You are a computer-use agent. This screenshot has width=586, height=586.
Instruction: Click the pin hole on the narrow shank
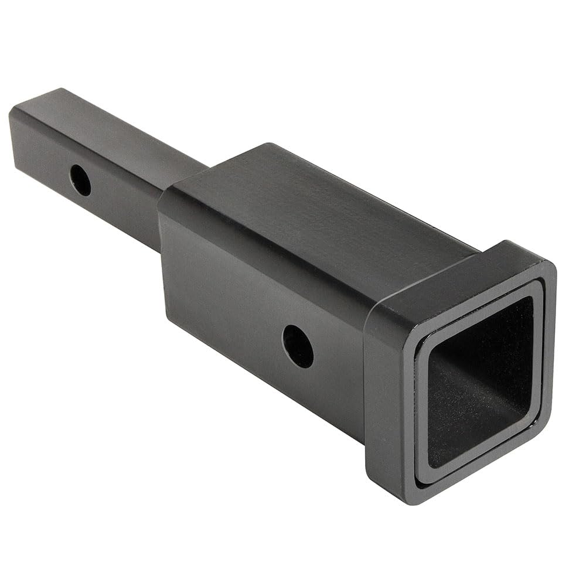tap(80, 180)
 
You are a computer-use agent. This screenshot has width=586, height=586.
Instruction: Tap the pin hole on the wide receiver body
tap(298, 346)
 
